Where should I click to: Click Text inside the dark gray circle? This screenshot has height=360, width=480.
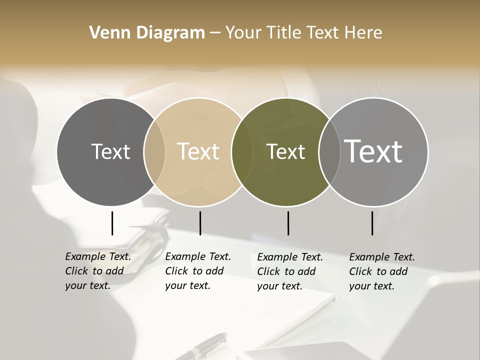pyautogui.click(x=110, y=152)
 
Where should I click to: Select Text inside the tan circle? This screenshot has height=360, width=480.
pyautogui.click(x=198, y=152)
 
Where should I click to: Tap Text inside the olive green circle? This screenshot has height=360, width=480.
pyautogui.click(x=285, y=152)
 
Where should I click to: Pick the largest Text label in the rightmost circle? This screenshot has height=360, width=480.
pyautogui.click(x=373, y=151)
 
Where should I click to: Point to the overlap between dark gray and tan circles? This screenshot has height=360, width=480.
pyautogui.click(x=154, y=152)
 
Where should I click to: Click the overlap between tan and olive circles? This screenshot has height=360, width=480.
pyautogui.click(x=242, y=152)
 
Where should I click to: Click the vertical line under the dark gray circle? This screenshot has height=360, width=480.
pyautogui.click(x=112, y=223)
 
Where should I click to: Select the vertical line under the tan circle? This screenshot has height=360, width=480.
pyautogui.click(x=200, y=223)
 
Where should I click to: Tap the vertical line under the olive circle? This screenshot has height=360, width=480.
pyautogui.click(x=288, y=223)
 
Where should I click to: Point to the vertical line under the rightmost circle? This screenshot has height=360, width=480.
pyautogui.click(x=372, y=223)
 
